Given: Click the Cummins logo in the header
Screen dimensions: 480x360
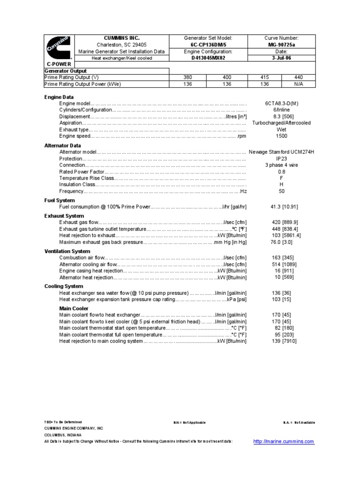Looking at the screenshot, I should pyautogui.click(x=58, y=47).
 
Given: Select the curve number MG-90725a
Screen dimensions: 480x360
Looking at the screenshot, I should pyautogui.click(x=282, y=45).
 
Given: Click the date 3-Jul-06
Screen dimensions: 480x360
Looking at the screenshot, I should pyautogui.click(x=282, y=58).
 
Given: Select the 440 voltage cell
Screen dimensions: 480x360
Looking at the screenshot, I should pyautogui.click(x=299, y=77).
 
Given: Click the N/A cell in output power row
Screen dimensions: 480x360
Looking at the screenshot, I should pyautogui.click(x=299, y=84).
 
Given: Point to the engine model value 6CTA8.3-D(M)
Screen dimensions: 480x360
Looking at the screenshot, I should pyautogui.click(x=282, y=103).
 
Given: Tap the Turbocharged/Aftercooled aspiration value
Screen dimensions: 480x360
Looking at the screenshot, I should pyautogui.click(x=282, y=123).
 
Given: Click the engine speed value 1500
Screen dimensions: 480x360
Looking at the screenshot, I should pyautogui.click(x=282, y=136).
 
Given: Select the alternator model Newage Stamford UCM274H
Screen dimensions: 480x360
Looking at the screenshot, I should pyautogui.click(x=281, y=152).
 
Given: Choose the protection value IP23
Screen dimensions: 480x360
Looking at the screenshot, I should pyautogui.click(x=282, y=158).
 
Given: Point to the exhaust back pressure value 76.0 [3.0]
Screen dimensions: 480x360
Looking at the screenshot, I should pyautogui.click(x=282, y=242).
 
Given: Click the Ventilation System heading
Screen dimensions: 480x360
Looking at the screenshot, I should pyautogui.click(x=67, y=251).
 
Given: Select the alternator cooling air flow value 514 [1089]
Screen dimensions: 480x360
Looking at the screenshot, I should pyautogui.click(x=282, y=264).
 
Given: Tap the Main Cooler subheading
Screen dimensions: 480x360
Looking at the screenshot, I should pyautogui.click(x=74, y=308).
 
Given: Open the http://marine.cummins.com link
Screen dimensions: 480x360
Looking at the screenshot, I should pyautogui.click(x=283, y=442).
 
